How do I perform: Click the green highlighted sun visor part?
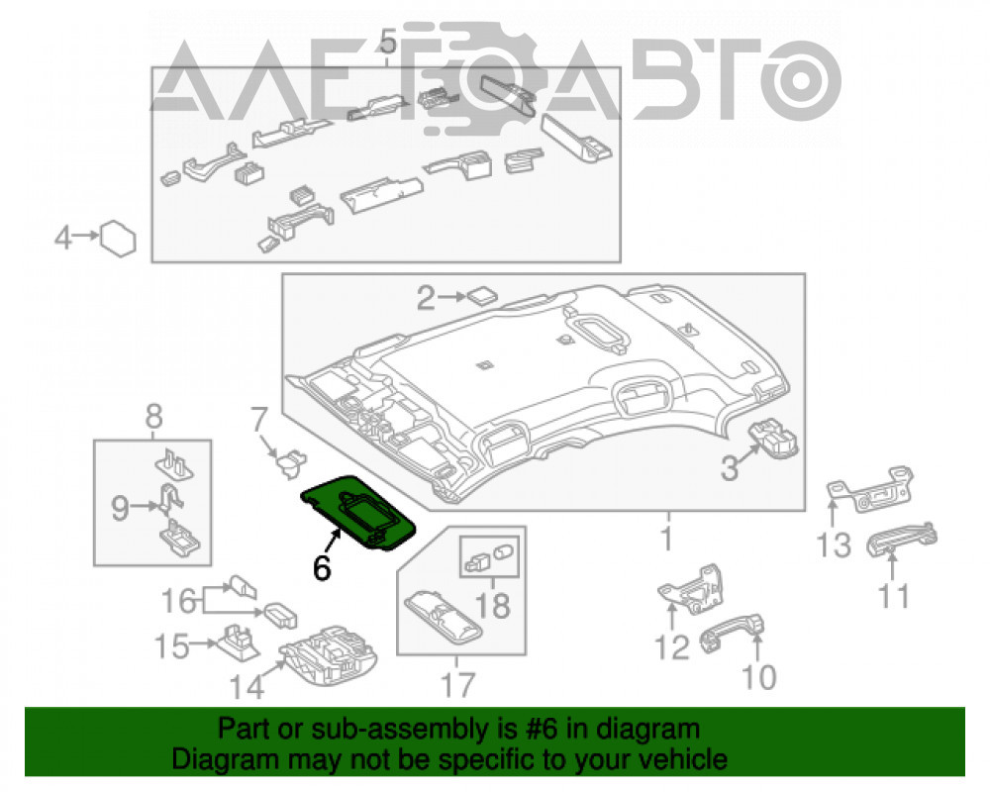pyautogui.click(x=358, y=512)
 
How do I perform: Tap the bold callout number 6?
pyautogui.click(x=322, y=568)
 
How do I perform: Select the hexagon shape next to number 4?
pyautogui.click(x=119, y=239)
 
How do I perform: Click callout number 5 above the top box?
pyautogui.click(x=388, y=42)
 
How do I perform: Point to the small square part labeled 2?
pyautogui.click(x=482, y=295)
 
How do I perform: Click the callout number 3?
pyautogui.click(x=730, y=468)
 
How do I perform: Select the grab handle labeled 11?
pyautogui.click(x=901, y=539)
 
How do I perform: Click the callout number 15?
pyautogui.click(x=171, y=646)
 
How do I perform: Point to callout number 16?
pyautogui.click(x=178, y=601)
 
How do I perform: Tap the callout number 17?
pyautogui.click(x=457, y=685)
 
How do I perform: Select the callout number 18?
pyautogui.click(x=492, y=606)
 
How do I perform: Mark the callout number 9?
pyautogui.click(x=120, y=508)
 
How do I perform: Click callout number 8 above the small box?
pyautogui.click(x=154, y=417)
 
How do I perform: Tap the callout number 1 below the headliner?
pyautogui.click(x=666, y=539)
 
